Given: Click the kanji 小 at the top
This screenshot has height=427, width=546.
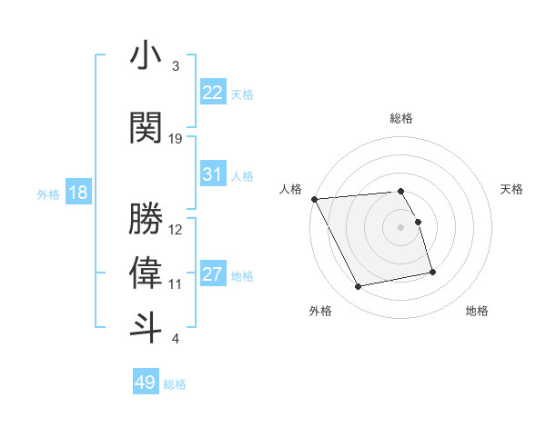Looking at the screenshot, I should click(146, 56).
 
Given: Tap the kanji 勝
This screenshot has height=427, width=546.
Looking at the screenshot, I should click(146, 218).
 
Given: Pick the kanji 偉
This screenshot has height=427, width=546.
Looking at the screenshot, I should click(146, 273).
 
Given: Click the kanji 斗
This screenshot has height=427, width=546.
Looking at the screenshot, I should click(146, 327).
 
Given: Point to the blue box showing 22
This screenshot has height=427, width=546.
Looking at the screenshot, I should click(213, 92).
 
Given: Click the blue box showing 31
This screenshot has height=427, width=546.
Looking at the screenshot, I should click(213, 174).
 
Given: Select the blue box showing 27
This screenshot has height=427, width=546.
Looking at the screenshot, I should click(213, 274).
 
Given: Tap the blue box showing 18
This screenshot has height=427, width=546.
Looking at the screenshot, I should click(78, 193).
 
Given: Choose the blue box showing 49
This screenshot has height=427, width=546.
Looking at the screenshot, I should click(146, 382).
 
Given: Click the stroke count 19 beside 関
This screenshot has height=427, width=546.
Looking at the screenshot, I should click(176, 139).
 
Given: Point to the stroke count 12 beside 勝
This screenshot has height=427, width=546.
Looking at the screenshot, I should click(176, 230).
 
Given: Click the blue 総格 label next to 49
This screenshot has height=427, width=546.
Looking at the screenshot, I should click(175, 384).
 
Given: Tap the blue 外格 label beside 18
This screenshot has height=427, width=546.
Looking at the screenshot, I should click(48, 194).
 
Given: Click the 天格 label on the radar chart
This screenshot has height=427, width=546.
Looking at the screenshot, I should click(512, 189).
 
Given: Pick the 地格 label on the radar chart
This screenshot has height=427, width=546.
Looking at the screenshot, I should click(477, 311).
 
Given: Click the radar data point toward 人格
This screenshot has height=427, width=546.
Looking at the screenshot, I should click(314, 199).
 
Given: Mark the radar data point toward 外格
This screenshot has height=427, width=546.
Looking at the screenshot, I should click(359, 287).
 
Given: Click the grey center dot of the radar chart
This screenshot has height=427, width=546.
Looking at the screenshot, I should click(401, 226).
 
